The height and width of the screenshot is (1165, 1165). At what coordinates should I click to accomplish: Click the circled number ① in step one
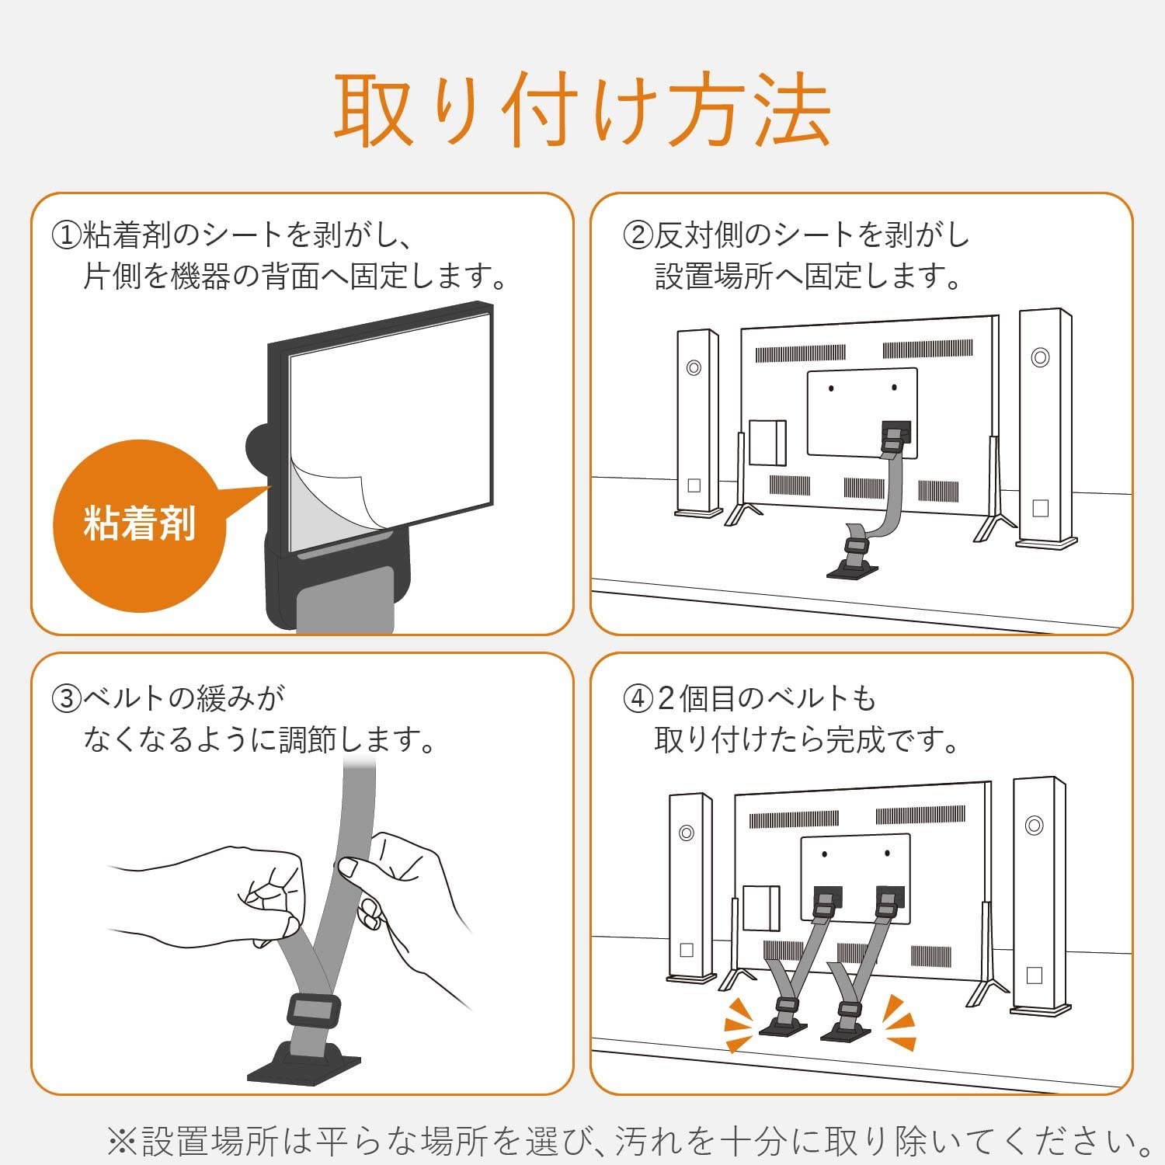click(66, 235)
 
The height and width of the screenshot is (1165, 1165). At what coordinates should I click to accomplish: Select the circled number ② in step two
click(638, 235)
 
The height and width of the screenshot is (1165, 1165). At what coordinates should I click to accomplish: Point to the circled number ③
click(66, 698)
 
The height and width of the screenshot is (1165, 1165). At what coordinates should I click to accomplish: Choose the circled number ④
click(638, 698)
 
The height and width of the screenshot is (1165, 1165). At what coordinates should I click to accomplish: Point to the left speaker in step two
click(696, 423)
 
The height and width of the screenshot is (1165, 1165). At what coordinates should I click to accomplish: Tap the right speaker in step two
click(1045, 427)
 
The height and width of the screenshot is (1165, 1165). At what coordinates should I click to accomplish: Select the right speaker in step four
click(1038, 893)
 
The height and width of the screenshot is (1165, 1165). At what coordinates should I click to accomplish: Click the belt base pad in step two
click(852, 571)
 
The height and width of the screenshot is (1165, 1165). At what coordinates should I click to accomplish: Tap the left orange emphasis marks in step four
click(739, 1024)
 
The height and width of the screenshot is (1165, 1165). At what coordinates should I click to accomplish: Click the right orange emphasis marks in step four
click(901, 1023)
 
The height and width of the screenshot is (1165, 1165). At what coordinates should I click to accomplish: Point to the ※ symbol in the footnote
click(123, 1141)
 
